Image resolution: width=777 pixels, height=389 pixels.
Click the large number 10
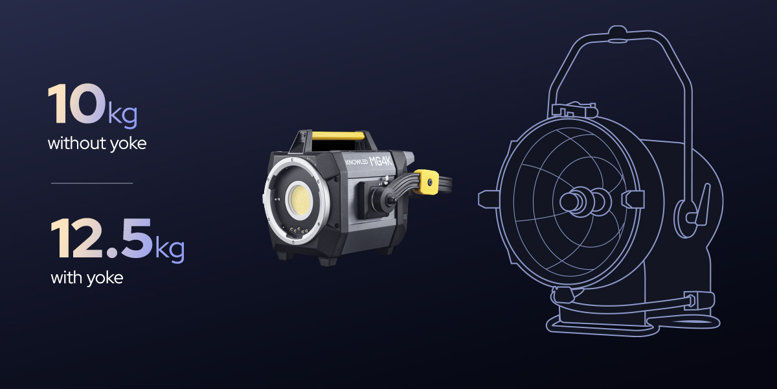click(76, 104)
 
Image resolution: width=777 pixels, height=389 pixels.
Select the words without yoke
click(97, 143)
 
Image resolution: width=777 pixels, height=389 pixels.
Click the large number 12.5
click(102, 239)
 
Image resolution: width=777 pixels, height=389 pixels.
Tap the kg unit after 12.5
click(170, 249)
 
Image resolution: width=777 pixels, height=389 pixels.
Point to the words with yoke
click(87, 278)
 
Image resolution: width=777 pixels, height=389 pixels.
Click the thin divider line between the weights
click(91, 183)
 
